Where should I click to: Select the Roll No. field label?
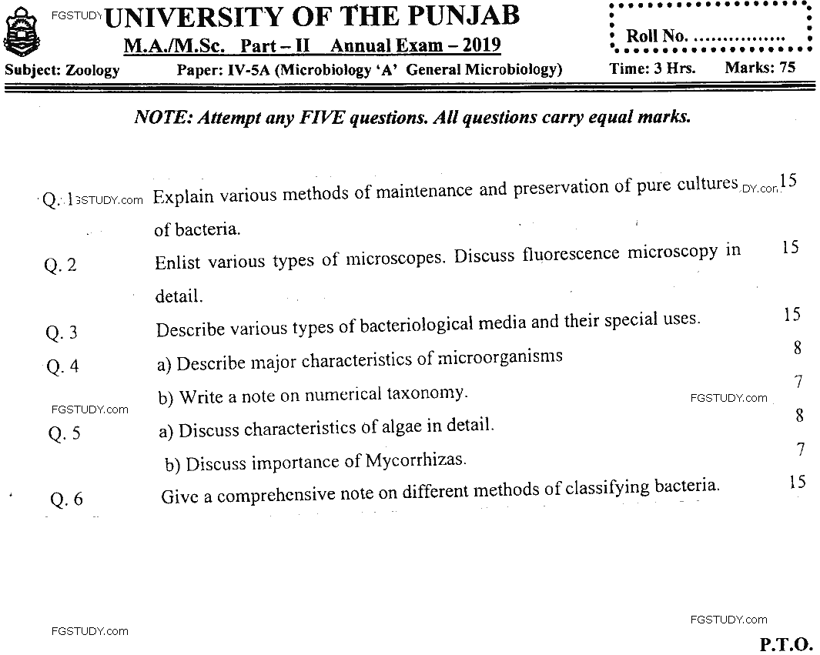click(x=655, y=36)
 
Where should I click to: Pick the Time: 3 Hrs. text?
click(x=652, y=68)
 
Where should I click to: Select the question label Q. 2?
click(x=61, y=266)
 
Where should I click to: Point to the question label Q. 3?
click(x=62, y=333)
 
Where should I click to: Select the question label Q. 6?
click(x=66, y=500)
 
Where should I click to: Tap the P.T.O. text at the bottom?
click(x=786, y=643)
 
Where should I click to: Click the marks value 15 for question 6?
click(x=797, y=482)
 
